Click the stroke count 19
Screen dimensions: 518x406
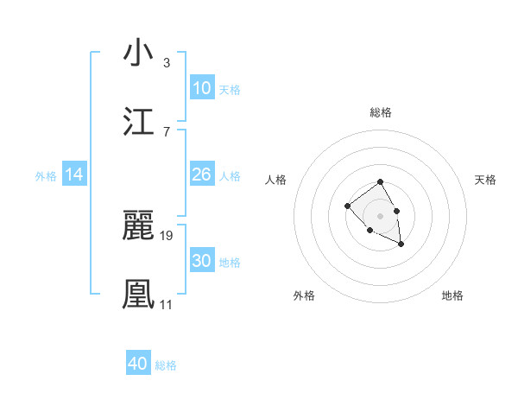click(167, 235)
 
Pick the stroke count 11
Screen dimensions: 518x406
click(166, 304)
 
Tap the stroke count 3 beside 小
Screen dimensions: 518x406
click(167, 62)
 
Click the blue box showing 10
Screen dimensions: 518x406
click(201, 88)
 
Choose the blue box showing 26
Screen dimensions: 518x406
click(201, 174)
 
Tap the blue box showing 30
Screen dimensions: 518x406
click(201, 261)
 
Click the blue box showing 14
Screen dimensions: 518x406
click(74, 174)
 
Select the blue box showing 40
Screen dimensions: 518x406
click(138, 364)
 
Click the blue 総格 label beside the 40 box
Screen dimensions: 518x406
click(166, 365)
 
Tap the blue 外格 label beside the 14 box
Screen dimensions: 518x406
click(46, 176)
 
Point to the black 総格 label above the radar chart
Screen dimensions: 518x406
click(381, 112)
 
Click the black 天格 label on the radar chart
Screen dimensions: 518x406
click(486, 180)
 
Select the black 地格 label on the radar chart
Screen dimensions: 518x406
click(452, 295)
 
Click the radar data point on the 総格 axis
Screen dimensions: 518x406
click(380, 182)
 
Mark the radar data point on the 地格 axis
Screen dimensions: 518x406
click(401, 244)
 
